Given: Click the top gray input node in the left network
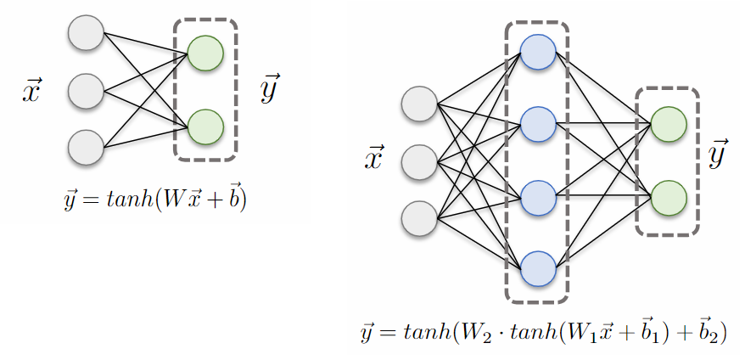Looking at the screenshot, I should pos(86,35).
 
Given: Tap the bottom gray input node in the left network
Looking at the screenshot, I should pos(86,145).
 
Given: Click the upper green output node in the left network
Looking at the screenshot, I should pos(204,53).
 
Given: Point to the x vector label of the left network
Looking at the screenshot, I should pos(31,91).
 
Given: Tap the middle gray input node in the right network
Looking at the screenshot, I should pos(418,160).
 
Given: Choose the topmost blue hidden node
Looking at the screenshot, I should pos(538,52).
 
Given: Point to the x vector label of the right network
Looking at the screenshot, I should pos(373,159).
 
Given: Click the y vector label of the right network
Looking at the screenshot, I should pos(719,155).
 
